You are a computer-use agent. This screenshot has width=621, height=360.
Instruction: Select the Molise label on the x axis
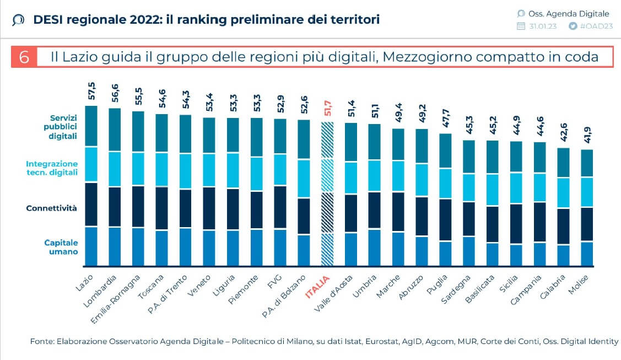pyautogui.click(x=580, y=286)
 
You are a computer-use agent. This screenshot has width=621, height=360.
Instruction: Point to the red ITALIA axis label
pyautogui.click(x=317, y=287)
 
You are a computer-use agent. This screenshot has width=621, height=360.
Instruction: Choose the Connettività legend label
pyautogui.click(x=51, y=208)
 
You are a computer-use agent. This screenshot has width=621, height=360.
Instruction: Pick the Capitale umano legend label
pyautogui.click(x=61, y=247)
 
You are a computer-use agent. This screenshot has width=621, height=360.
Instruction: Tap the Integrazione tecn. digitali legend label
pyautogui.click(x=52, y=168)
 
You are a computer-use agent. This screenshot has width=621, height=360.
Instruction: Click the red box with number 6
pyautogui.click(x=24, y=57)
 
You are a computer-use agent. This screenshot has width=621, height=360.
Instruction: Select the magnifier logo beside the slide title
pyautogui.click(x=18, y=20)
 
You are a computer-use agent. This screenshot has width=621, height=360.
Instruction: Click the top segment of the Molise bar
pyautogui.click(x=587, y=163)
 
